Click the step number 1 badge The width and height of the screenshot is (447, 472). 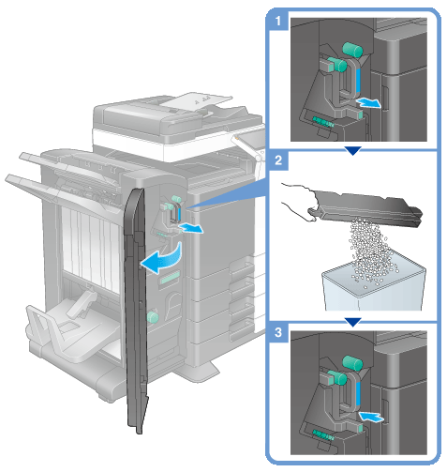(277, 22)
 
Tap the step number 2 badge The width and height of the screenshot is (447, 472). (278, 160)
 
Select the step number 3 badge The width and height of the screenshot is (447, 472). (278, 332)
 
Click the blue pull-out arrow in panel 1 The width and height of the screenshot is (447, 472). (369, 102)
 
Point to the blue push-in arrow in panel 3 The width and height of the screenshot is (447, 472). (370, 417)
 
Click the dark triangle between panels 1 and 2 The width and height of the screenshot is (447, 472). (353, 151)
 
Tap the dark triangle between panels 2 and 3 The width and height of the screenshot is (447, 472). (353, 322)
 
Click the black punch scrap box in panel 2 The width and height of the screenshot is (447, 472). (368, 207)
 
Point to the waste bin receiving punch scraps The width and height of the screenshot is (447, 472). (374, 285)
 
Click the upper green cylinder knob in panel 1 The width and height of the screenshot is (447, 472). (352, 49)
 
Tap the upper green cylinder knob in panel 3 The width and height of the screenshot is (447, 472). (352, 363)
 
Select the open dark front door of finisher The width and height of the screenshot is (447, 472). (136, 310)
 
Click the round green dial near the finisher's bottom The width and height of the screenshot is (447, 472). (153, 317)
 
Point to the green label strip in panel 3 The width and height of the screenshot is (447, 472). (323, 434)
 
